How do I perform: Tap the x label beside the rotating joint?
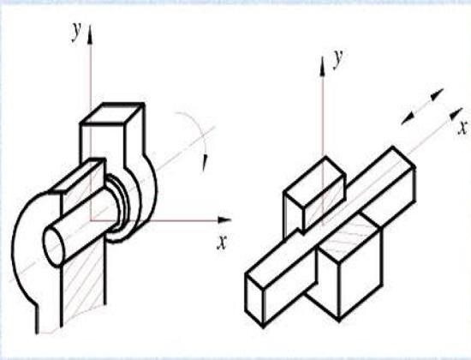(x=222, y=242)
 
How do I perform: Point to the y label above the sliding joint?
(x=338, y=58)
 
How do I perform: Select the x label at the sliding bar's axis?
(x=462, y=128)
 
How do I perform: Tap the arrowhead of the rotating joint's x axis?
(x=224, y=219)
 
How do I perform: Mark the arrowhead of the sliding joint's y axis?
(x=323, y=65)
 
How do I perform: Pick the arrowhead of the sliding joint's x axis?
(x=456, y=113)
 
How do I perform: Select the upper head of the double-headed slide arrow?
(x=437, y=94)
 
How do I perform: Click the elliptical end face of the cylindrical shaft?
(x=54, y=246)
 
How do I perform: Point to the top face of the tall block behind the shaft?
(x=112, y=113)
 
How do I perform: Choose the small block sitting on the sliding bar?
(x=314, y=195)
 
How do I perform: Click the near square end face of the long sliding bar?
(x=254, y=300)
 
